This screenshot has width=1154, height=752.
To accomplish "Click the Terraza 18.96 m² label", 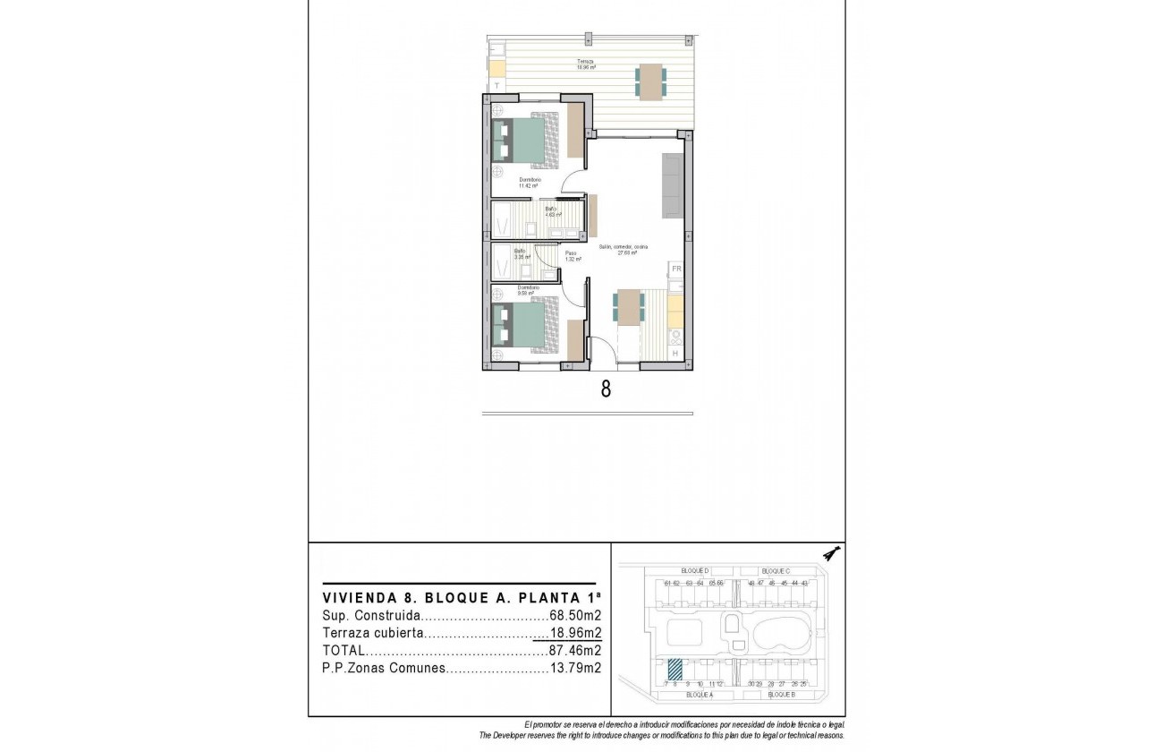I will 586,64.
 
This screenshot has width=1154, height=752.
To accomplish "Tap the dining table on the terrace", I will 650,81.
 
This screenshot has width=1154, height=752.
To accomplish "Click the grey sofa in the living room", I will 673,185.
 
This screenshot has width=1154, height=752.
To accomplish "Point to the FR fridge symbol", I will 676,269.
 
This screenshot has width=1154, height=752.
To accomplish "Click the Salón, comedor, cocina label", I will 624,249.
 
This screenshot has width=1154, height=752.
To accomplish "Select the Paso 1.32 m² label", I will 573,256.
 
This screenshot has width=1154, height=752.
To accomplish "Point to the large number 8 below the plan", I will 606,389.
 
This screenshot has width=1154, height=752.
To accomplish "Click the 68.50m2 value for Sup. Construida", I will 574,616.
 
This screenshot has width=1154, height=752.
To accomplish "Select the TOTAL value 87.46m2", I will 574,650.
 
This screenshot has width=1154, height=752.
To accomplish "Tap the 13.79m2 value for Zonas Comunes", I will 574,667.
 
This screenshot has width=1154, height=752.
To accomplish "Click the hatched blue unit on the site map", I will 675,669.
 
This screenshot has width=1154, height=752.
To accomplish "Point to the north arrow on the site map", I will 832,553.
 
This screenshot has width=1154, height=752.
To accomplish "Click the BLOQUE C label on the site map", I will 776,570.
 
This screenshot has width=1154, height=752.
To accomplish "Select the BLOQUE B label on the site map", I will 781,695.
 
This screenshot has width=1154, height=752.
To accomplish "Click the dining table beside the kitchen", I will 630,307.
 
